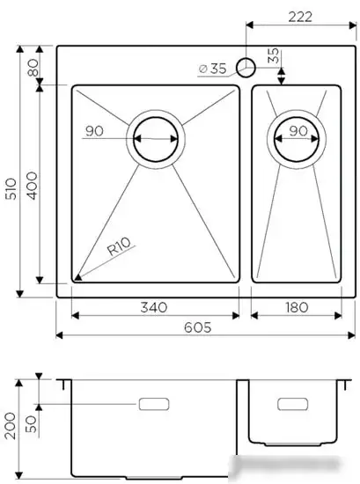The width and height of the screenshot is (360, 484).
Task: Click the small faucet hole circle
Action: [x=246, y=66]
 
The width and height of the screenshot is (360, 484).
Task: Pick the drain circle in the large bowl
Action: [x=157, y=138]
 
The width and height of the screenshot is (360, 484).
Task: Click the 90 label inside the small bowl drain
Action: [x=297, y=130]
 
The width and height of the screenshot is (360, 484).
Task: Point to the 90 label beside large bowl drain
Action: [x=95, y=132]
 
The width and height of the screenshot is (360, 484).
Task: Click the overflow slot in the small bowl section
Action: [x=295, y=404]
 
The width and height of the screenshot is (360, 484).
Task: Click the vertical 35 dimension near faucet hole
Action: [x=274, y=55]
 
